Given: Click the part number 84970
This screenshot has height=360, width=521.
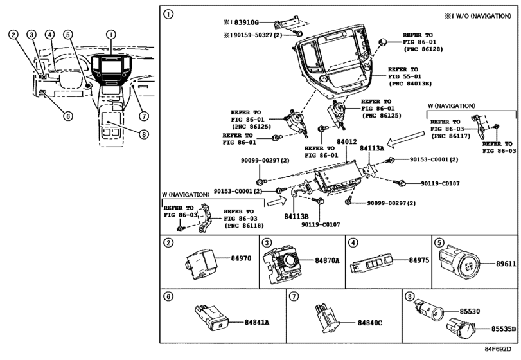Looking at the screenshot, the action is [241, 258].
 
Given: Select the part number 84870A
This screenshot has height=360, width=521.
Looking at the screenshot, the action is [327, 260].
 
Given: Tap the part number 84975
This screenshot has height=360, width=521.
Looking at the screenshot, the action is [419, 260].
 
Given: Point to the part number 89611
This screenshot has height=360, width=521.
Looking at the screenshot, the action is [506, 264].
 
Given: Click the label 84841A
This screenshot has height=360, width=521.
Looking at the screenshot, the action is [257, 322].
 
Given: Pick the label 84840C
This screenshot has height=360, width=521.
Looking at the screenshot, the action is [370, 323].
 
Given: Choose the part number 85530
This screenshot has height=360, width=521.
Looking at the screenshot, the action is [470, 311].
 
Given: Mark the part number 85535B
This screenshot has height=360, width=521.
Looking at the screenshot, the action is [504, 328].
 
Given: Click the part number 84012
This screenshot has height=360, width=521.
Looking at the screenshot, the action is [346, 141].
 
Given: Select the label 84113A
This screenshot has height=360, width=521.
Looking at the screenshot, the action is [372, 148].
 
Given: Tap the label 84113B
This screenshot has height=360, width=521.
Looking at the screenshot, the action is [296, 217].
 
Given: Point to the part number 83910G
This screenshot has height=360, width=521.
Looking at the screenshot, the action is [246, 22].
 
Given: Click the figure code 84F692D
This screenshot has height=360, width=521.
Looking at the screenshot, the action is [497, 348].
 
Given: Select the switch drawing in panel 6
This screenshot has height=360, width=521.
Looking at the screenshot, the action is [212, 318].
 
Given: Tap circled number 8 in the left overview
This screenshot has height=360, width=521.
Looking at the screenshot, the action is [143, 134].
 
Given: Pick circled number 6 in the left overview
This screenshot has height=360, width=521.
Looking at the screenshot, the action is [68, 116].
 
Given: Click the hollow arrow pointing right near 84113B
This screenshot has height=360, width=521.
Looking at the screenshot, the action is [276, 201].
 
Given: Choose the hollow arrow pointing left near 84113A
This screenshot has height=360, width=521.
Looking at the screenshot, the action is [407, 139].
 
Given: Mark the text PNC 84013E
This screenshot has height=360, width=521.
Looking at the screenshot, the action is [411, 84].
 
